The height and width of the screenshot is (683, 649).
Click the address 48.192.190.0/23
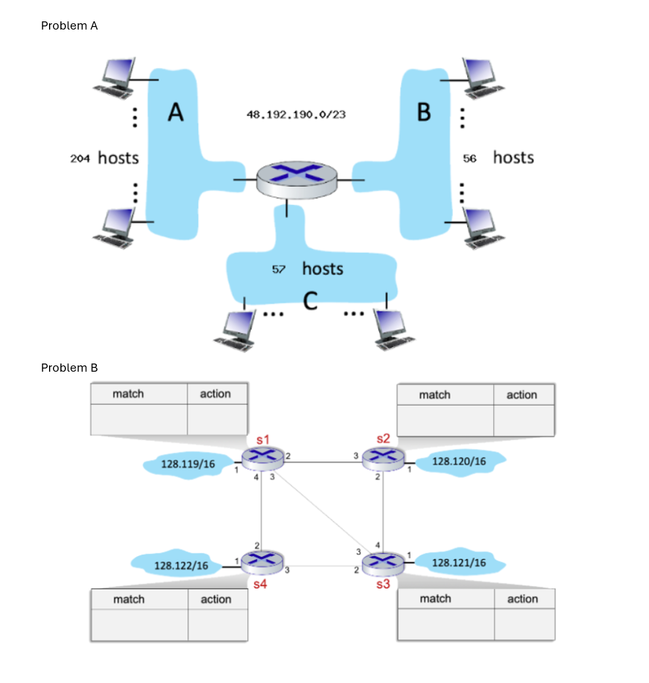[x=296, y=115]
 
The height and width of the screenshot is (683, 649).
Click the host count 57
[x=279, y=270]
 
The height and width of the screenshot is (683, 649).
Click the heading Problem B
[x=69, y=368]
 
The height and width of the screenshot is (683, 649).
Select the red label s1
[x=262, y=438]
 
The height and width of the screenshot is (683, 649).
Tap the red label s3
[x=383, y=584]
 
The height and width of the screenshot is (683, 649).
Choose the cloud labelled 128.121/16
[x=460, y=562]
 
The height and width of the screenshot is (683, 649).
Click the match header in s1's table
[x=128, y=394]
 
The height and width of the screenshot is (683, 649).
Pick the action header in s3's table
[x=523, y=599]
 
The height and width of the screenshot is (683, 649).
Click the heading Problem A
[x=69, y=26]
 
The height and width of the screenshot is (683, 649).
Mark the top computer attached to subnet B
[x=482, y=77]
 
